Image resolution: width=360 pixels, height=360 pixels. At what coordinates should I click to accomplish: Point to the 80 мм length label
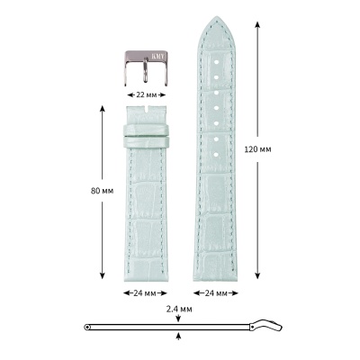click(88, 191)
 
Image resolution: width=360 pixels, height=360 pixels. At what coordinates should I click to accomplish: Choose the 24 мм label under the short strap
click(145, 294)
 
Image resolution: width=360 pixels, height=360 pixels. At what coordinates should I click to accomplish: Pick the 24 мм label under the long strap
click(216, 294)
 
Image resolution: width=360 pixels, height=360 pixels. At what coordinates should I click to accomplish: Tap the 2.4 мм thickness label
click(179, 309)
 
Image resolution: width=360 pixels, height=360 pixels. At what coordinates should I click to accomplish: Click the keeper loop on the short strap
click(145, 136)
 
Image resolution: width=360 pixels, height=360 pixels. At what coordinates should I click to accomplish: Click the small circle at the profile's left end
click(86, 327)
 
